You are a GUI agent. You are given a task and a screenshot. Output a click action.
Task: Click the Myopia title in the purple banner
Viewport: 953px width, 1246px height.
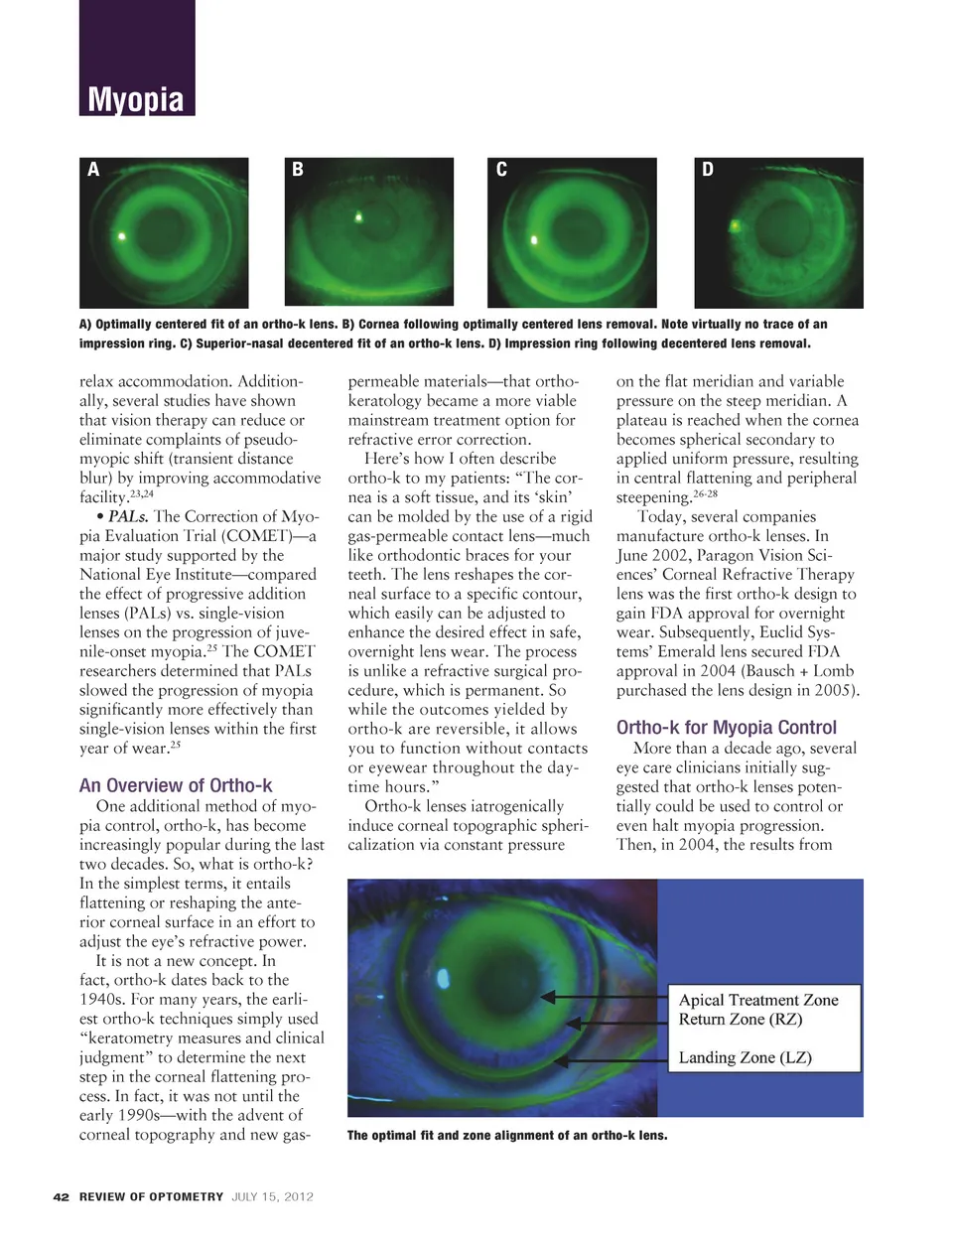[136, 99]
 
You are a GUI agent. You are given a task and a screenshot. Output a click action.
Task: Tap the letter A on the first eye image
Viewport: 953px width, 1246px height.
[94, 170]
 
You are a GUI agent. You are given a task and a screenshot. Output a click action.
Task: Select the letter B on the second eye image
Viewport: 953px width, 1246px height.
[298, 170]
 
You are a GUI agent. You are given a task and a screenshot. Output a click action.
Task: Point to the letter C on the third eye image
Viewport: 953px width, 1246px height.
[501, 170]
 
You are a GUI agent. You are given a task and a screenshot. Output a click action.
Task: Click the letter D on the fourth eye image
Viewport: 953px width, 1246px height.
[708, 170]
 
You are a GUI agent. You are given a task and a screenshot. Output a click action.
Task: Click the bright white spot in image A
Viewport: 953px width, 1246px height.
[122, 236]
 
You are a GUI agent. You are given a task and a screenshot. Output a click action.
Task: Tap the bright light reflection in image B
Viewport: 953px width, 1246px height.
[359, 216]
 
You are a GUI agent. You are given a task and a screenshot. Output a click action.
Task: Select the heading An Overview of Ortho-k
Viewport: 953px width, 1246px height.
[176, 786]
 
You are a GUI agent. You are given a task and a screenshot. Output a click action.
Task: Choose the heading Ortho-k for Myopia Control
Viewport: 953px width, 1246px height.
[726, 728]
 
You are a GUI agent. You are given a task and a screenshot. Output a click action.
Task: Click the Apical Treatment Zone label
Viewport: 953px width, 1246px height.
[758, 1000]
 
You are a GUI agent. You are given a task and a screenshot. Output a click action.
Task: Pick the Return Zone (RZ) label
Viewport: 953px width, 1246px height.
[740, 1020]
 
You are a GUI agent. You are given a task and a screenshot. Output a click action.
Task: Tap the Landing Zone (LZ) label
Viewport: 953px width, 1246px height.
[745, 1058]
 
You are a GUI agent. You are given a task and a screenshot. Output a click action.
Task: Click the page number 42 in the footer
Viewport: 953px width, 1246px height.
[62, 1197]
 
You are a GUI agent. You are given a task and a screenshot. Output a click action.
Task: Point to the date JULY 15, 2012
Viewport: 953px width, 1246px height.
[272, 1197]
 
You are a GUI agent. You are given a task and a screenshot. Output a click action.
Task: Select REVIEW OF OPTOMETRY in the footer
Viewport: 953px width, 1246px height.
[151, 1197]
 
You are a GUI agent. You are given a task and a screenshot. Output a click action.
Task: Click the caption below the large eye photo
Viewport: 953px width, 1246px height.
[506, 1136]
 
